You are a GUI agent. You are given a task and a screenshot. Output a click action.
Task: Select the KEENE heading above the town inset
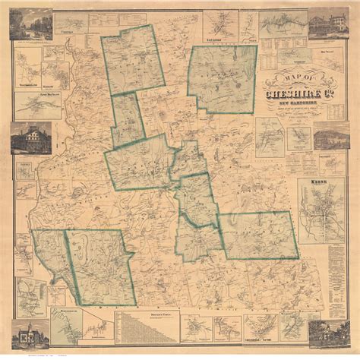coord(320,182)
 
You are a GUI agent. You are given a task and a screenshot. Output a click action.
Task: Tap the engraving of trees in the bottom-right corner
coord(332,333)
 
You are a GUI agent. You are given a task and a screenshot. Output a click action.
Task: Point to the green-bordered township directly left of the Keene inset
coord(256,235)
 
